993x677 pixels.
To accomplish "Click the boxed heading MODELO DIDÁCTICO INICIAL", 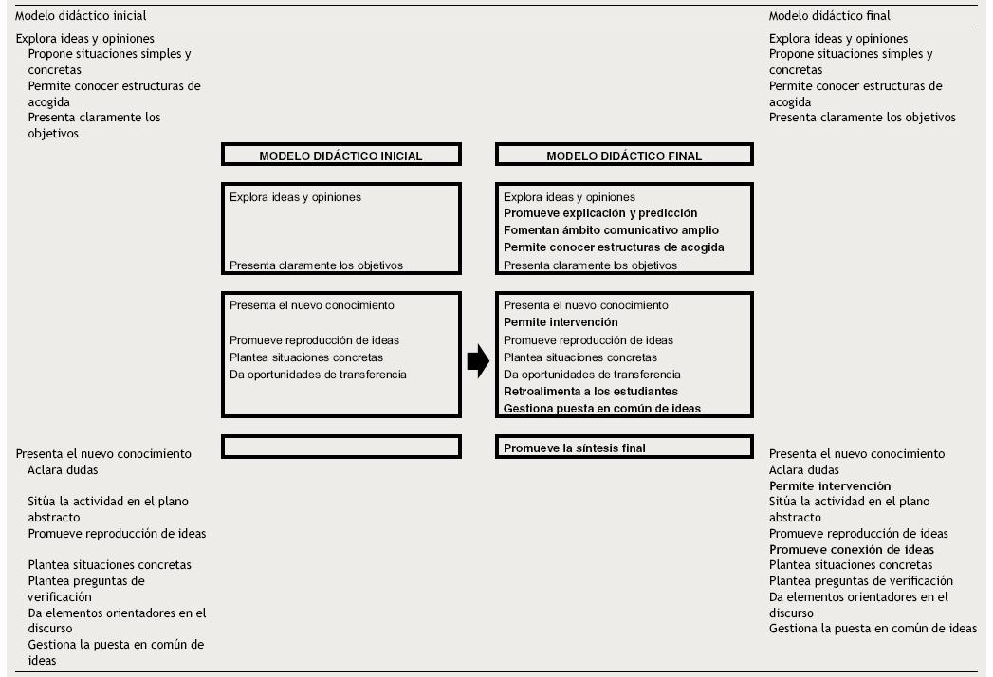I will [340, 156].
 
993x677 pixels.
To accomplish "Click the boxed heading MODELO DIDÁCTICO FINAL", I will [624, 156].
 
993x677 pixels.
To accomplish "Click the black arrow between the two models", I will [478, 359].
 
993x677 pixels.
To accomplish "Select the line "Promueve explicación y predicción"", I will [599, 213].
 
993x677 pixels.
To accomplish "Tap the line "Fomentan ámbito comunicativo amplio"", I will [611, 230].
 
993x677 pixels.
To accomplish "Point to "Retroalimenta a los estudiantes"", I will [590, 392].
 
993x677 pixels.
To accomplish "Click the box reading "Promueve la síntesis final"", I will [574, 448].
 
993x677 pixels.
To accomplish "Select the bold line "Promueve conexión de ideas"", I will [851, 550].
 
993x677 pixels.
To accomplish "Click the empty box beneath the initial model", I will [340, 447].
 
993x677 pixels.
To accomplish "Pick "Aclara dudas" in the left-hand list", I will [63, 470].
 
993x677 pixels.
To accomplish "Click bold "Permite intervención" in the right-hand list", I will [829, 486].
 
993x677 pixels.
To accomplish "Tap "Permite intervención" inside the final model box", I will [561, 323].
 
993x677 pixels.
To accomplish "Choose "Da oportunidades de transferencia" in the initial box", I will [318, 375].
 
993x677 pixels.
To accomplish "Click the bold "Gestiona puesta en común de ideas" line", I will [601, 409].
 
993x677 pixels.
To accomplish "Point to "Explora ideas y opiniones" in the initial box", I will [295, 197].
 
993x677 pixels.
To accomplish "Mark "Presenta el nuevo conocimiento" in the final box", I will [585, 305].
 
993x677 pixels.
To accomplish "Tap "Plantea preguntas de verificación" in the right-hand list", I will [860, 581].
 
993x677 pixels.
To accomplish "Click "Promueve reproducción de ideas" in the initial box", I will [314, 340].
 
